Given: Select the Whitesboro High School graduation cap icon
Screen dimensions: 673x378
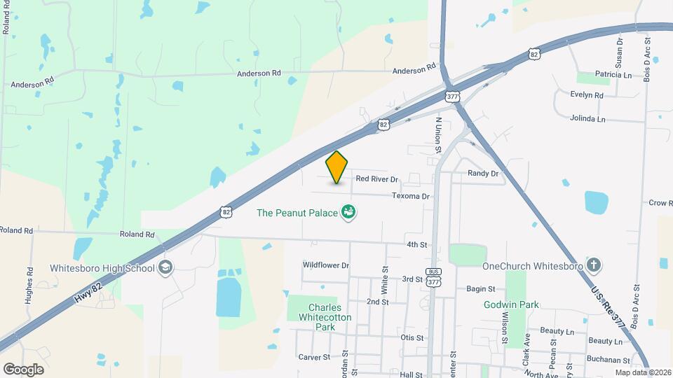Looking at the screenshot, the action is pyautogui.click(x=165, y=267).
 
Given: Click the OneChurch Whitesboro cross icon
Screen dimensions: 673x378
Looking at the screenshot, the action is pyautogui.click(x=594, y=265).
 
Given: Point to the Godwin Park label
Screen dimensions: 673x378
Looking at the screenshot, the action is pyautogui.click(x=510, y=304).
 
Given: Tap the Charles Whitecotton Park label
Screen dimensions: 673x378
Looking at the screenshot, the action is pyautogui.click(x=325, y=317).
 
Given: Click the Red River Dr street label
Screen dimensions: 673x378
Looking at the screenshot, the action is pyautogui.click(x=376, y=179).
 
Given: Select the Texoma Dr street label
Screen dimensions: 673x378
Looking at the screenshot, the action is pyautogui.click(x=410, y=197).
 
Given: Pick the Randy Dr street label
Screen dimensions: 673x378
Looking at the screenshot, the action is pyautogui.click(x=482, y=173).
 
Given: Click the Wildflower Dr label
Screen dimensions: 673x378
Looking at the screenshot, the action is pyautogui.click(x=325, y=265).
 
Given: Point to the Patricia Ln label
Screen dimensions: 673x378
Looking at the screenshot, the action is pyautogui.click(x=613, y=74).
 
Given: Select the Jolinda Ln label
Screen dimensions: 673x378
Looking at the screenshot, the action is pyautogui.click(x=587, y=119).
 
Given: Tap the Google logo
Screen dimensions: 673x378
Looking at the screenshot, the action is pyautogui.click(x=22, y=369).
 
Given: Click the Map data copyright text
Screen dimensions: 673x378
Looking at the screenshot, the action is pyautogui.click(x=642, y=372).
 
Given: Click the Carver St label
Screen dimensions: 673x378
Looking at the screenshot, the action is pyautogui.click(x=313, y=357).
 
